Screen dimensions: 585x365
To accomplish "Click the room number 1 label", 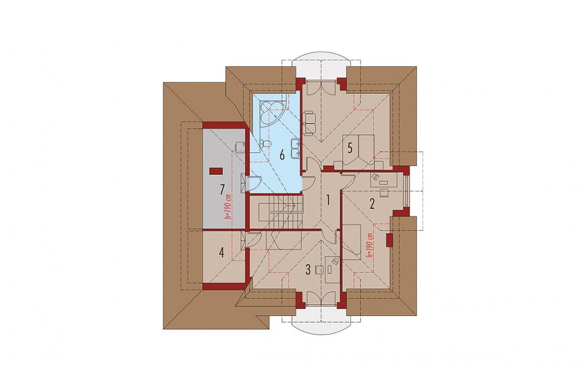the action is tap(328, 201).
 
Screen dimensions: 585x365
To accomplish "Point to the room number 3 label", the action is tap(308, 269).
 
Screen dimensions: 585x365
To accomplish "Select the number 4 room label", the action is tap(222, 253).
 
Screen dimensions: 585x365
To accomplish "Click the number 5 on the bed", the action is tap(350, 148).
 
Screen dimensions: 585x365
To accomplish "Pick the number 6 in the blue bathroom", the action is tap(282, 154).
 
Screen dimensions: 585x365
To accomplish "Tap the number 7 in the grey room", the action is tap(222, 190).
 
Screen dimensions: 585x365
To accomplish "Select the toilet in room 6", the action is tap(265, 144).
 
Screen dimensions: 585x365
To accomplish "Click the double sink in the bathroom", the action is tap(296, 147).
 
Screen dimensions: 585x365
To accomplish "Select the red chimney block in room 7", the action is tap(216, 171).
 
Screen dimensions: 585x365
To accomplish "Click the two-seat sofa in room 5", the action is tap(310, 122).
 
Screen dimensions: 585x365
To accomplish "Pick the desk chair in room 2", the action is tap(384, 192).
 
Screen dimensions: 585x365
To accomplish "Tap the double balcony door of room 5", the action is tap(321, 87).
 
